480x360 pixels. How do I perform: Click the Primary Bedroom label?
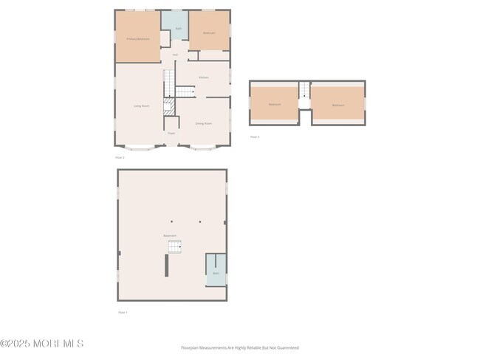[138, 38]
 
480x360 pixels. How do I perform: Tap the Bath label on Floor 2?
[178, 29]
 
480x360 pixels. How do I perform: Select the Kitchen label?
[203, 77]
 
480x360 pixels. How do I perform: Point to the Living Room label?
[141, 106]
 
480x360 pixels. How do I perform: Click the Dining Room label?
[203, 123]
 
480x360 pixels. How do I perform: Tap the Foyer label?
[171, 133]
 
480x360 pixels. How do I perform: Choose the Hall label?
[175, 55]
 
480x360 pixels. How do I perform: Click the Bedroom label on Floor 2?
[209, 32]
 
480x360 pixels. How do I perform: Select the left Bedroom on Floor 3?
[274, 105]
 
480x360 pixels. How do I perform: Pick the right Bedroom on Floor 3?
[337, 105]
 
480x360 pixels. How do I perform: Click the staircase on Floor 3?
[305, 91]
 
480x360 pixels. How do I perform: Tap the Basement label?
[170, 235]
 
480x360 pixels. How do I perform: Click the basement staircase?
[174, 246]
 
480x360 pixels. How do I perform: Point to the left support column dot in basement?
[171, 221]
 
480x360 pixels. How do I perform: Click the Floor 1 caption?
[123, 312]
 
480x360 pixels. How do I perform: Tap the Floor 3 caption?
[255, 136]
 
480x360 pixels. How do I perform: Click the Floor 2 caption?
[120, 157]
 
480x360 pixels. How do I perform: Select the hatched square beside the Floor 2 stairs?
[169, 106]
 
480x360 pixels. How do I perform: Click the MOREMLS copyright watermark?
[42, 343]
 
